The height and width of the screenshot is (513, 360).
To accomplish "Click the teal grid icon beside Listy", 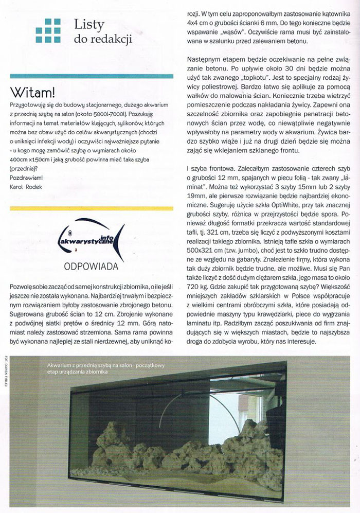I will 48,30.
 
